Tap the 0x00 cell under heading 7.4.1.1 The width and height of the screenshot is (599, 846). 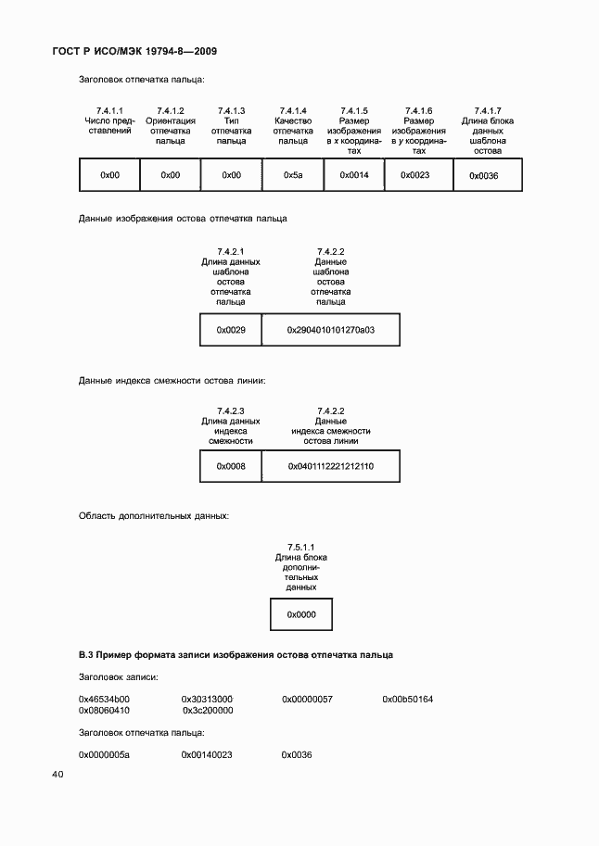pyautogui.click(x=109, y=175)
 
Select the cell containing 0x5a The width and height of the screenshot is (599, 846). pyautogui.click(x=293, y=175)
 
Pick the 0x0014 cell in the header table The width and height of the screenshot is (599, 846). pyautogui.click(x=354, y=175)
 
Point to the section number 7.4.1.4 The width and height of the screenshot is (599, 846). pyautogui.click(x=293, y=110)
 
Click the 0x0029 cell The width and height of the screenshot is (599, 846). pyautogui.click(x=231, y=330)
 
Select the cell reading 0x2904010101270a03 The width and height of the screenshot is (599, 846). pyautogui.click(x=330, y=330)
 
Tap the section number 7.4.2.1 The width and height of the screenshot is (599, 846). pyautogui.click(x=230, y=252)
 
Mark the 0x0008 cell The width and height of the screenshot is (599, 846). pyautogui.click(x=231, y=466)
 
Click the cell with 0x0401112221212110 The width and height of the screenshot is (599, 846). pyautogui.click(x=330, y=466)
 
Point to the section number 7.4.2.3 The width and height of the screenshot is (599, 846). pyautogui.click(x=230, y=410)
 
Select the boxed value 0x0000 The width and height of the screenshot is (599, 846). pyautogui.click(x=301, y=614)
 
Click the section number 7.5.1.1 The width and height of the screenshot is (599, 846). pyautogui.click(x=301, y=547)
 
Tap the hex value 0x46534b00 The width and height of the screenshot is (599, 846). pyautogui.click(x=104, y=699)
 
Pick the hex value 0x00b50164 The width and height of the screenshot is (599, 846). pyautogui.click(x=408, y=699)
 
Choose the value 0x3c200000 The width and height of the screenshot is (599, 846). pyautogui.click(x=207, y=711)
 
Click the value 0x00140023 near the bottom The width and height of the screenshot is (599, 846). pyautogui.click(x=207, y=755)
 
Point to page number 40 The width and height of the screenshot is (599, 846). pyautogui.click(x=57, y=775)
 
